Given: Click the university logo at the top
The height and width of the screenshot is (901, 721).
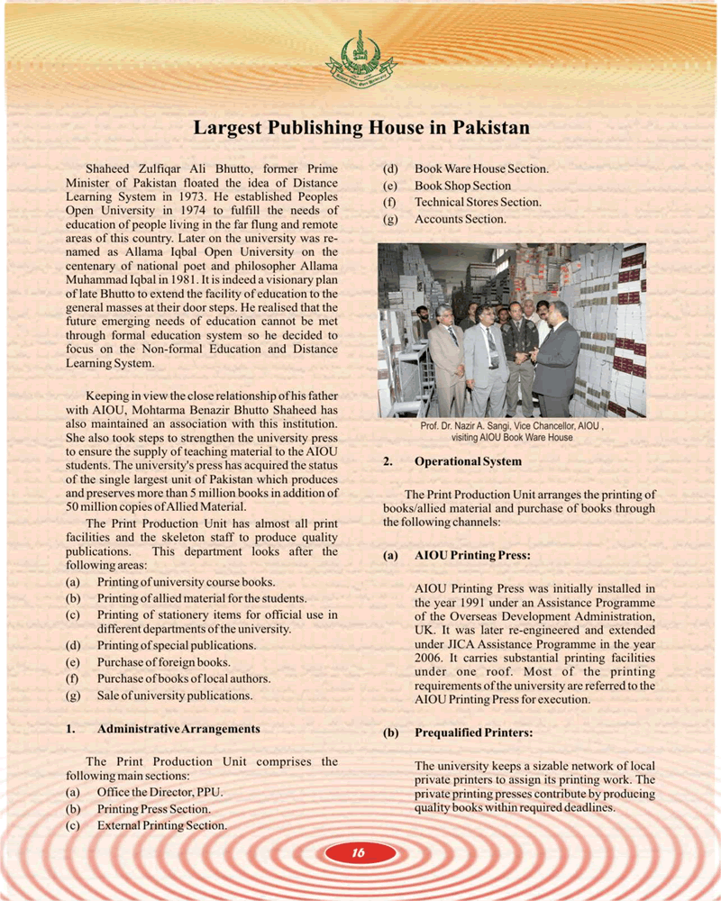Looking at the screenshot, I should (x=360, y=56).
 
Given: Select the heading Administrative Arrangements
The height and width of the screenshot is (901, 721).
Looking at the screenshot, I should (x=178, y=728).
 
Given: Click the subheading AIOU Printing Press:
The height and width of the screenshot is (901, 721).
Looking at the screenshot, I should (x=471, y=555).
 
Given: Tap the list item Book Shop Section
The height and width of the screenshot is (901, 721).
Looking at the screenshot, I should (x=462, y=186).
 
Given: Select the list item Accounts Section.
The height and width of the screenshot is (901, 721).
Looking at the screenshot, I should (x=460, y=218).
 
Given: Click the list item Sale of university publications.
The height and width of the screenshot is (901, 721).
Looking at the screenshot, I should (x=175, y=695).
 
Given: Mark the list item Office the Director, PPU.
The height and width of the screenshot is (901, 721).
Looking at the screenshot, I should (x=160, y=792).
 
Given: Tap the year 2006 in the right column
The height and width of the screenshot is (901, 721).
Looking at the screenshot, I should (x=429, y=659).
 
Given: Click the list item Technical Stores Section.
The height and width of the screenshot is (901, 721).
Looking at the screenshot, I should (x=478, y=202).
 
